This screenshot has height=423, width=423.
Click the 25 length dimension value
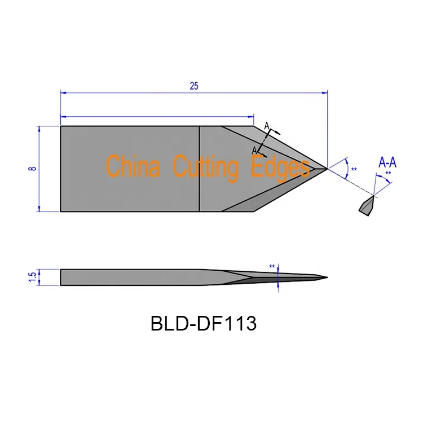point(194,86)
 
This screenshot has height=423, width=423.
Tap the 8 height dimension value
point(33,169)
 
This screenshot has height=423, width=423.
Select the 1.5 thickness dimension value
point(32,277)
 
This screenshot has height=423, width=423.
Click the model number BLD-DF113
point(204,323)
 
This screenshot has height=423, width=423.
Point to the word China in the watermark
point(133,168)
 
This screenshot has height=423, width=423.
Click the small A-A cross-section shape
point(366,205)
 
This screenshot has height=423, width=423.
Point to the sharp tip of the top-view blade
point(327,168)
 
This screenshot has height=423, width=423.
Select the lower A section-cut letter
point(254,150)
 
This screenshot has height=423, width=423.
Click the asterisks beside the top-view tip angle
point(354,170)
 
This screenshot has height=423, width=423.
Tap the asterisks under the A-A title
point(387,174)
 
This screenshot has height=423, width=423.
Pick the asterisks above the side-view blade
point(272,267)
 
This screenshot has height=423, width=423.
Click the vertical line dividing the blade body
point(200,169)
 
